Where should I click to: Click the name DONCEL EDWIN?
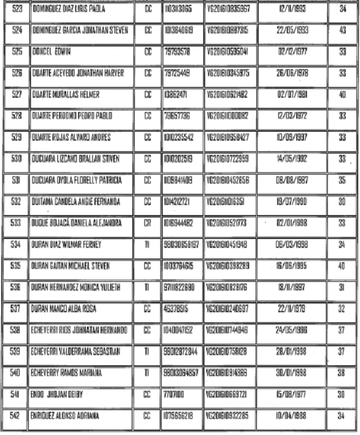coord(51,52)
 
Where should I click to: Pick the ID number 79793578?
coord(177,52)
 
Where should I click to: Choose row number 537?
coord(17,308)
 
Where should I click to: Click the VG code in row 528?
coord(228,115)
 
